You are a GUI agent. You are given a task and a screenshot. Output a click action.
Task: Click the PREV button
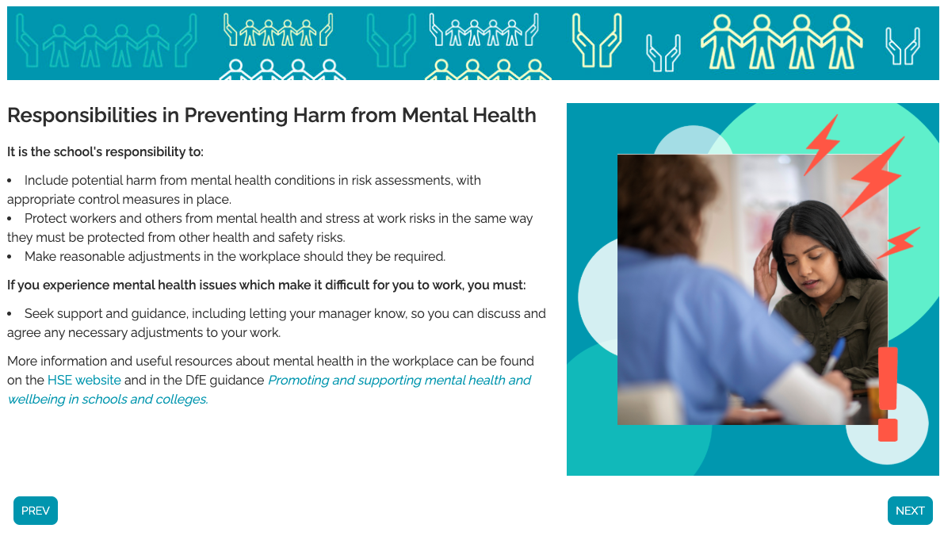[x=36, y=511]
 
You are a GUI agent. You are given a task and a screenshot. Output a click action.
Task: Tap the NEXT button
[x=910, y=511]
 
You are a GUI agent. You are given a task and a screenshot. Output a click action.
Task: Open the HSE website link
[x=84, y=380]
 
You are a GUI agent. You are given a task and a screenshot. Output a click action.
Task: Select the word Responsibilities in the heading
[x=82, y=116]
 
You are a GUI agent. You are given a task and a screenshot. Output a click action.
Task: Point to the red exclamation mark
[x=888, y=395]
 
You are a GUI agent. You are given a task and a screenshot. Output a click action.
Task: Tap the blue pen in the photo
[x=835, y=355]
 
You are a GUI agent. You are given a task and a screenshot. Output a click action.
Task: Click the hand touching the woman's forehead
[x=766, y=271]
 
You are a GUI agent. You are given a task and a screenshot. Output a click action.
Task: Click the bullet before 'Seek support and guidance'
[x=10, y=314]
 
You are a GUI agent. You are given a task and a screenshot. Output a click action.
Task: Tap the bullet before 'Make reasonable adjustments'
[x=10, y=257]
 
